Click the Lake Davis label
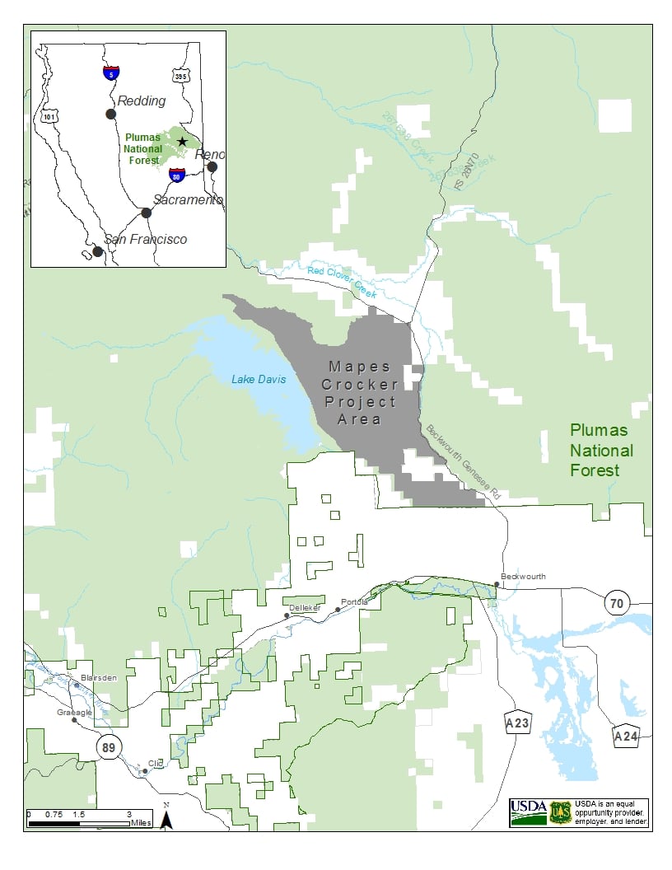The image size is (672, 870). pyautogui.click(x=259, y=379)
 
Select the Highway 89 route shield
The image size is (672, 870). pyautogui.click(x=108, y=747)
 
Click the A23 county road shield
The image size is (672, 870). pyautogui.click(x=517, y=723)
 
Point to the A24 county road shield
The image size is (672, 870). pyautogui.click(x=626, y=736)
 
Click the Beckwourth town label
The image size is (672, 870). pyautogui.click(x=523, y=577)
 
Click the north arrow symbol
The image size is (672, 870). pyautogui.click(x=166, y=819)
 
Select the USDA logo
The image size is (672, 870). pyautogui.click(x=528, y=812)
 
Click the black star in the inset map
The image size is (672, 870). pyautogui.click(x=182, y=142)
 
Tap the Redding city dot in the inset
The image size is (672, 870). pyautogui.click(x=110, y=114)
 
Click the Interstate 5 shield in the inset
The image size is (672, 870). pyautogui.click(x=110, y=72)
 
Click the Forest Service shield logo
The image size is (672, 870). pyautogui.click(x=560, y=812)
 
